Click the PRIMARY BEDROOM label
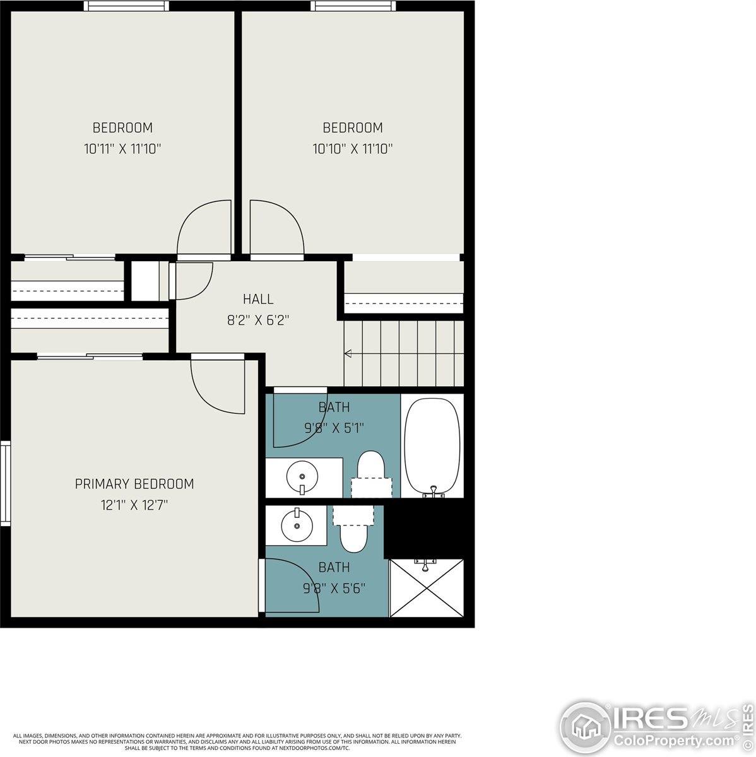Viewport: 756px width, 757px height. (x=134, y=484)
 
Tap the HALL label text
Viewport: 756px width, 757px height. (x=258, y=299)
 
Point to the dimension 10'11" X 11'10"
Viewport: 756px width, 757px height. (x=122, y=149)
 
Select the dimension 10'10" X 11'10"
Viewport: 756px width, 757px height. (x=352, y=149)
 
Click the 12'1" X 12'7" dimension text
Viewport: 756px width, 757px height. (x=134, y=505)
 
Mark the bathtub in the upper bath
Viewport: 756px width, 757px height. (x=432, y=446)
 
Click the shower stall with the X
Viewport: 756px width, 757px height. (x=427, y=587)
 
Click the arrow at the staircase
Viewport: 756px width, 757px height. (x=348, y=353)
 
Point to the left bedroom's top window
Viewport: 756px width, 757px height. (x=127, y=6)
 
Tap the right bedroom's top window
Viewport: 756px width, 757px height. (x=353, y=6)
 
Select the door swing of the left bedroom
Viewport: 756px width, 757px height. (x=204, y=228)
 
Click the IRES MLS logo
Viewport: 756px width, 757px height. (x=656, y=719)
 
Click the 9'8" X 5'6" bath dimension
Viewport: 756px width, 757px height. (x=334, y=589)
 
